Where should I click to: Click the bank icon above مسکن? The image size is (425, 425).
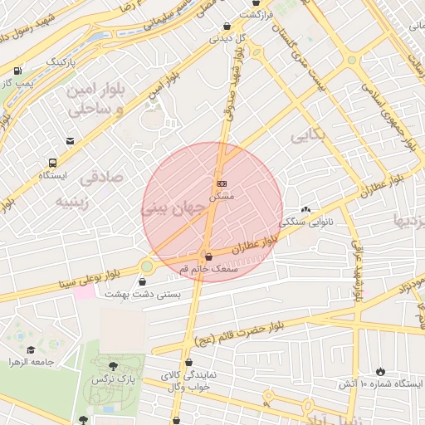[x=222, y=183]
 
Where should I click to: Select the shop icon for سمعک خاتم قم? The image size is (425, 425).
[x=208, y=256]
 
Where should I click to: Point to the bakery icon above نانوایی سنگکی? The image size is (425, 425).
[x=305, y=210]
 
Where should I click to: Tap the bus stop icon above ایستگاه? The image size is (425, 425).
[x=53, y=164]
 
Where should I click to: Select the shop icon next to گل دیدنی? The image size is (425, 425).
[x=227, y=26]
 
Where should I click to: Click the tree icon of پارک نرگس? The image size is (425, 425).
[x=113, y=366]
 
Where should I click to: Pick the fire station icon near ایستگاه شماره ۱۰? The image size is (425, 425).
[x=381, y=371]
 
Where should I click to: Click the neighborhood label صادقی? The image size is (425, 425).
[x=101, y=177]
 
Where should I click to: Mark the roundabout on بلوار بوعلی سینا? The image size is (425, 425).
[x=147, y=266]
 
